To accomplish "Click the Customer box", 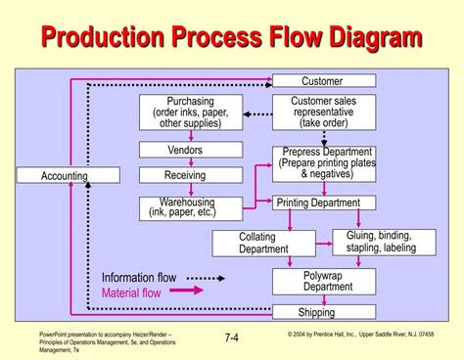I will (x=322, y=80).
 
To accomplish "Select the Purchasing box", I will (x=190, y=112).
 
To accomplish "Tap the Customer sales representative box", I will (x=322, y=112).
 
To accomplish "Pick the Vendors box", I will (x=190, y=150).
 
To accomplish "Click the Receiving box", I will (x=190, y=175).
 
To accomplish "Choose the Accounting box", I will (x=65, y=176).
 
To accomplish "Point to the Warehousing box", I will (x=190, y=206).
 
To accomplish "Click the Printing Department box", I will (x=318, y=202).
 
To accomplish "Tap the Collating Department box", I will (x=263, y=243).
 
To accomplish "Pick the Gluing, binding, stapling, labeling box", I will (x=384, y=242).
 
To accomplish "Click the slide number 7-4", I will (x=232, y=338).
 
